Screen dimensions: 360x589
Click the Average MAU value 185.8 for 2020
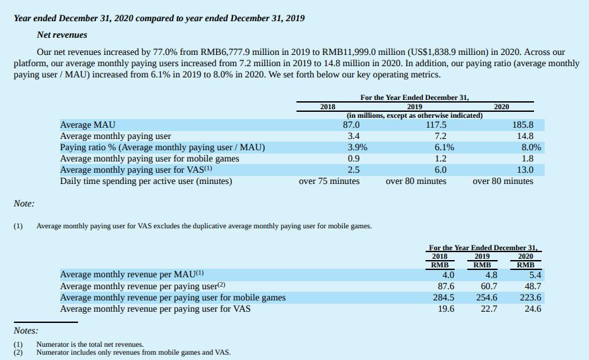tap(522, 125)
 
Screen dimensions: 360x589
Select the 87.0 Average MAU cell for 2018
tap(350, 125)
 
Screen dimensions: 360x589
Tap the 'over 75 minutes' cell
tap(329, 181)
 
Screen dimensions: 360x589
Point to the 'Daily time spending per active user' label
tap(146, 181)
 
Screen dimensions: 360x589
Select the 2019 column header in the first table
tap(415, 107)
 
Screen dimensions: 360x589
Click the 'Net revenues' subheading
tap(62, 34)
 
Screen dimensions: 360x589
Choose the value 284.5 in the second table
tap(443, 297)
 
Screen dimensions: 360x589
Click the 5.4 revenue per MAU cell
tap(535, 275)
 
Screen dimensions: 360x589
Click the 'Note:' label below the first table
tap(24, 204)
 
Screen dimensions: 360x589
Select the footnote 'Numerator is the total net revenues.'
tap(90, 344)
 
